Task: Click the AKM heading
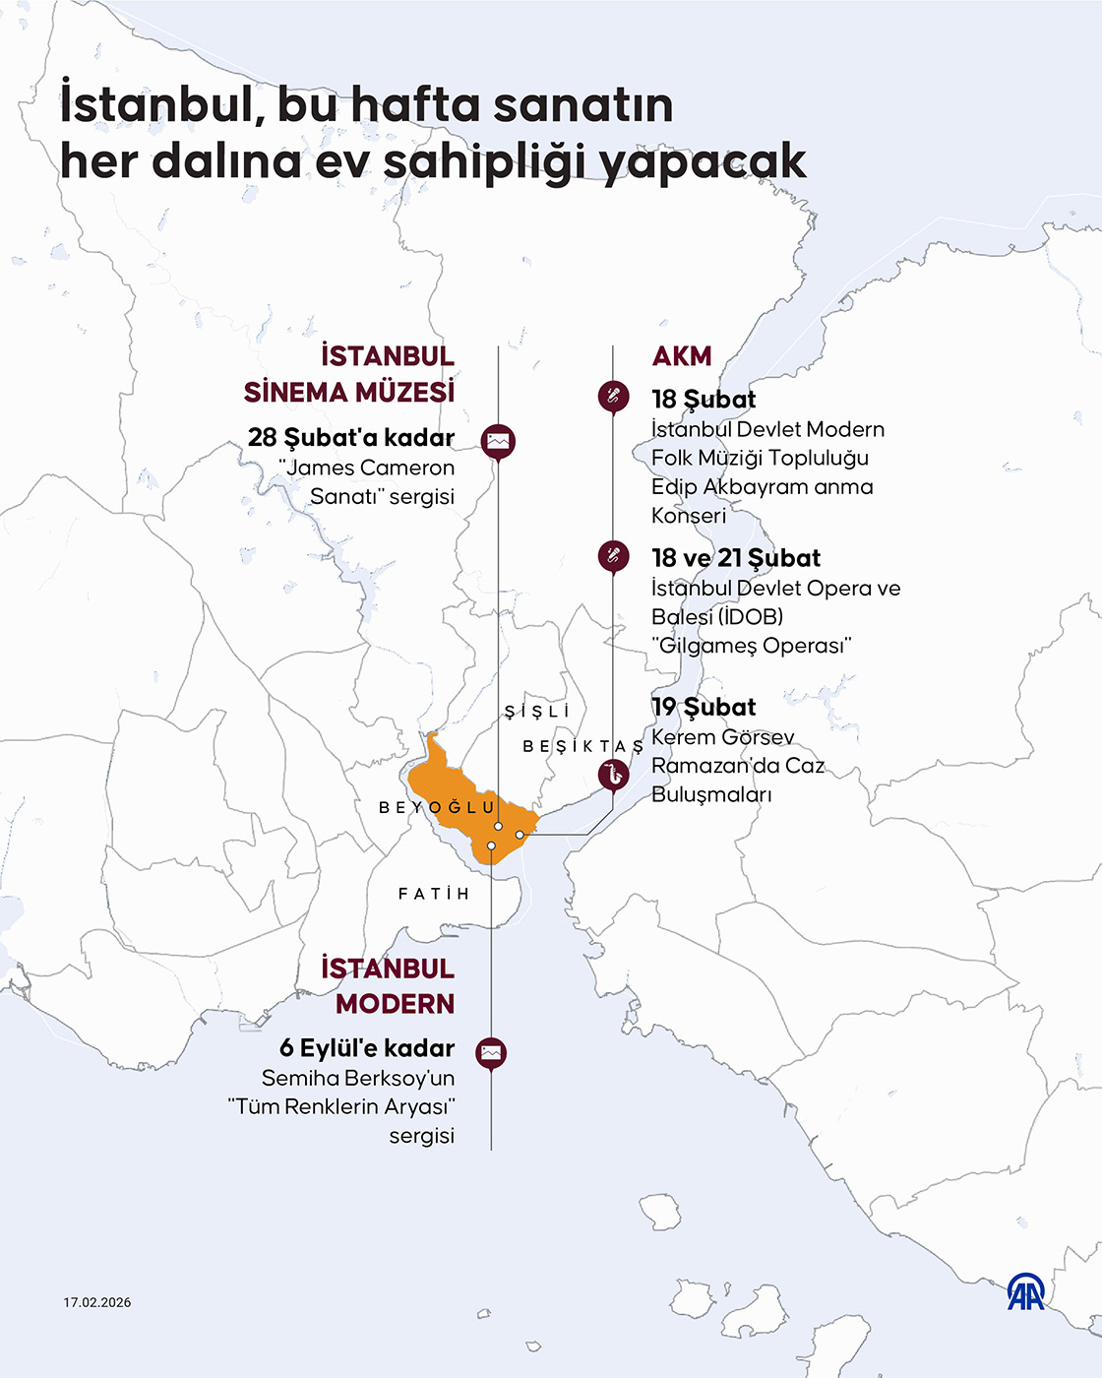[681, 356]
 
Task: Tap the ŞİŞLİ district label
[537, 712]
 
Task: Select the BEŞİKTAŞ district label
[582, 747]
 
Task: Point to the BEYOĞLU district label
[438, 808]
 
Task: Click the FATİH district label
[434, 894]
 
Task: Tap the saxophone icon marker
[613, 775]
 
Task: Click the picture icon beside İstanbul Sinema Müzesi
[499, 441]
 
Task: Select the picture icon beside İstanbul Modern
[491, 1052]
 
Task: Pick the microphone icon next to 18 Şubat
[613, 397]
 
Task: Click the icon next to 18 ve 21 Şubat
[613, 556]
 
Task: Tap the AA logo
[1025, 1291]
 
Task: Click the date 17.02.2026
[97, 1302]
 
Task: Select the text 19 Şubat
[704, 707]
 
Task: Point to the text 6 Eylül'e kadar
[367, 1048]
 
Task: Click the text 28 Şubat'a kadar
[351, 437]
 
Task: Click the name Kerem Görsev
[722, 737]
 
